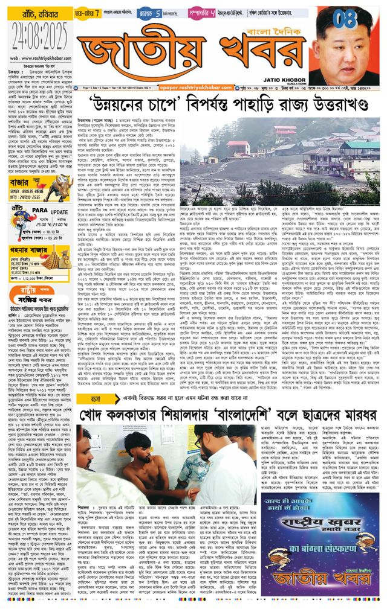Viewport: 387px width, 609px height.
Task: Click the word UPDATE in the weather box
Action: point(58,194)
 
